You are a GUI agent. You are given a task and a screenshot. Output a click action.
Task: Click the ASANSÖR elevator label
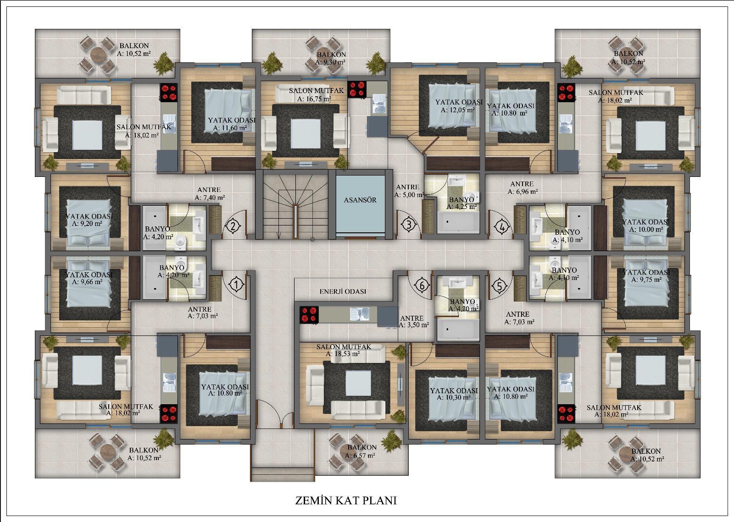[x=360, y=200]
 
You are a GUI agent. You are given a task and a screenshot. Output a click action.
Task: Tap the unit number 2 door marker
[x=233, y=226]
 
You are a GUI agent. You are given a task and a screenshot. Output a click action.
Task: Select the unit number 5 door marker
[x=500, y=286]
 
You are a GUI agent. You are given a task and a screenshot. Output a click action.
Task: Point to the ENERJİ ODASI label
[x=343, y=291]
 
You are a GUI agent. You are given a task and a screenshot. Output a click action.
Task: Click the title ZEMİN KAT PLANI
[x=346, y=500]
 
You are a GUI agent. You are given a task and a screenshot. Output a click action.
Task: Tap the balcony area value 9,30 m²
[x=330, y=62]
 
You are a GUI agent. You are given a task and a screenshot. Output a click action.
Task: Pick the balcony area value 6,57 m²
[x=360, y=455]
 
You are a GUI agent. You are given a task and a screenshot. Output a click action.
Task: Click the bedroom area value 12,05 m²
[x=457, y=110]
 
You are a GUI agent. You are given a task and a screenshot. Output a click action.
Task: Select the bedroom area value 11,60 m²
[x=230, y=128]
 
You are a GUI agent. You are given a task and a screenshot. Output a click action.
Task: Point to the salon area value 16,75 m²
[x=314, y=99]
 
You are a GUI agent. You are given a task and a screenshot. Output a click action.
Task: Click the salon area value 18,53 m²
[x=343, y=354]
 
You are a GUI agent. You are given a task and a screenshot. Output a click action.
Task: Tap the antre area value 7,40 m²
[x=210, y=198]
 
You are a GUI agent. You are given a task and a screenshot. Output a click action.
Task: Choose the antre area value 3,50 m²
[x=413, y=325]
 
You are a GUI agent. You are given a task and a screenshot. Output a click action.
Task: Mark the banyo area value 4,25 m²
[x=462, y=207]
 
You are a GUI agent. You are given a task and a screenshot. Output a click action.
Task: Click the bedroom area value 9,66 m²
[x=87, y=282]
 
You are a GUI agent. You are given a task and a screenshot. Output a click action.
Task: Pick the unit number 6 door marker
[x=422, y=286]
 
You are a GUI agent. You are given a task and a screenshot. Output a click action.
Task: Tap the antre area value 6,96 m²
[x=523, y=192]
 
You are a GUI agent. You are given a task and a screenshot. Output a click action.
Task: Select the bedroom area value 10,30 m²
[x=454, y=397]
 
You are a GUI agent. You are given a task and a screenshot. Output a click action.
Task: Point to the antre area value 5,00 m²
[x=410, y=194]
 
